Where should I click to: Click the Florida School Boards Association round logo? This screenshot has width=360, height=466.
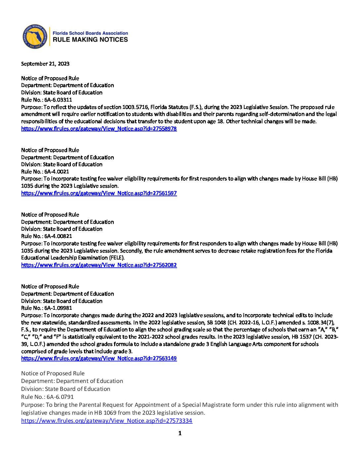click(x=35, y=36)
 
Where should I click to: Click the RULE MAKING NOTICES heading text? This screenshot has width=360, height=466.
click(x=90, y=39)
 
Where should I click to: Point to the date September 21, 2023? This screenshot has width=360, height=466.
click(x=45, y=64)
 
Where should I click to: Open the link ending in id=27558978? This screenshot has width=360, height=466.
click(x=99, y=129)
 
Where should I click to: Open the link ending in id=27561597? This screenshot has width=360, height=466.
click(x=99, y=193)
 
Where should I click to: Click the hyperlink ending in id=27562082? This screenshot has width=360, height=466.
click(x=99, y=265)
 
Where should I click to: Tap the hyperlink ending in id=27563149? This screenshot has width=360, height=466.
click(x=99, y=358)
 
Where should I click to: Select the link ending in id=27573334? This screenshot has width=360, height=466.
click(x=107, y=421)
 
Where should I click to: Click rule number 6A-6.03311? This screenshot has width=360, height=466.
click(x=58, y=100)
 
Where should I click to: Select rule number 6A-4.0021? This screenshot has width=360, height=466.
click(x=57, y=172)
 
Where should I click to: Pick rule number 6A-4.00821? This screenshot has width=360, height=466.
click(x=58, y=236)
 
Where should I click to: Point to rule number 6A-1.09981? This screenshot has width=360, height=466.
click(x=58, y=308)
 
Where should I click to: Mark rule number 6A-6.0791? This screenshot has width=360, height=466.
click(x=60, y=397)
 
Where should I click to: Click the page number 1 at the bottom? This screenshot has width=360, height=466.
click(x=180, y=433)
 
